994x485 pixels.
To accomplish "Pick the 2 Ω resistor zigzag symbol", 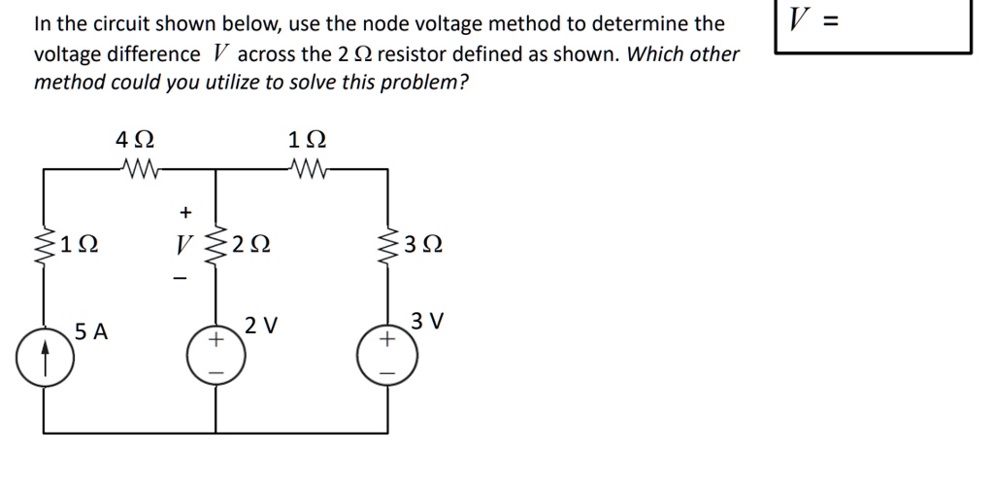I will pos(215,242).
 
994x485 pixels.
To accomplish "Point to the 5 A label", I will pos(92,332).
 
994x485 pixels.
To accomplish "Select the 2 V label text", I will pos(261,325).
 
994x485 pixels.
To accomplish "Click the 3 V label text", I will pos(427,320).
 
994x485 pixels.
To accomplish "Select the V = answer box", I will pos(873,26).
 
